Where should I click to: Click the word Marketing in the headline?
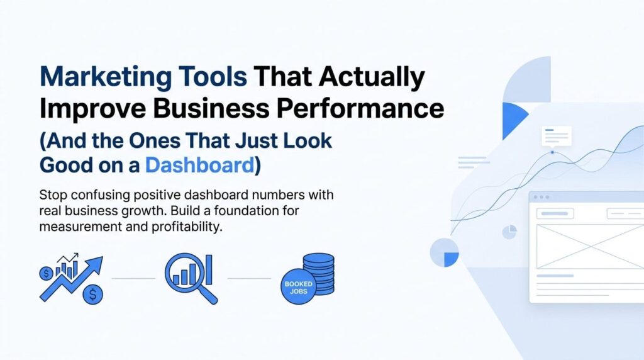click(x=106, y=77)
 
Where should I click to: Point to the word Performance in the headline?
click(x=360, y=108)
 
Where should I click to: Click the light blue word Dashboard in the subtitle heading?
click(x=200, y=165)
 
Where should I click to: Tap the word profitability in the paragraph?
click(x=187, y=227)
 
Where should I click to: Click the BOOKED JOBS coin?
click(x=298, y=287)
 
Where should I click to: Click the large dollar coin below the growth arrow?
click(x=93, y=295)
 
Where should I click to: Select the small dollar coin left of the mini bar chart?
click(x=46, y=273)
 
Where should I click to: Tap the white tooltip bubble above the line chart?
click(x=557, y=137)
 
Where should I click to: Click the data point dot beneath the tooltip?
click(x=552, y=152)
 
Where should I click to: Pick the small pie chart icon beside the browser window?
click(x=509, y=232)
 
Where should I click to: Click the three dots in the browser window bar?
click(x=541, y=197)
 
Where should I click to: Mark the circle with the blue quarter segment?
click(x=445, y=252)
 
